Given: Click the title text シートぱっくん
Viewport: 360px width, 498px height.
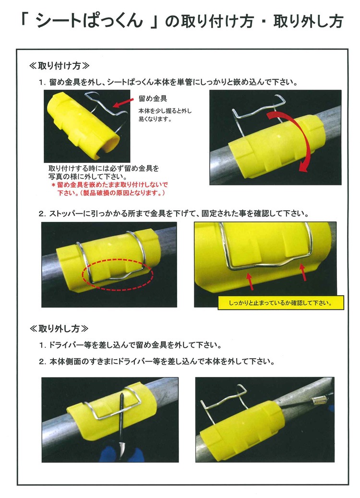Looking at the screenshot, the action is (90, 22).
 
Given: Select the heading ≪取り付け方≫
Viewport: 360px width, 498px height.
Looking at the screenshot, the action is (59, 66).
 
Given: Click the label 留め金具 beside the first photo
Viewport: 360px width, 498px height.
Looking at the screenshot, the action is (153, 98).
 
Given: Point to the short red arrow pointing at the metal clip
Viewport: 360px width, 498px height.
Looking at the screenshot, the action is (123, 103).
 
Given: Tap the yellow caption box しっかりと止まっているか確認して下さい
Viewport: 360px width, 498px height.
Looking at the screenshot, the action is (281, 303).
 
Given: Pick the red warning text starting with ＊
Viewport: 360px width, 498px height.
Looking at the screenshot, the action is (109, 189).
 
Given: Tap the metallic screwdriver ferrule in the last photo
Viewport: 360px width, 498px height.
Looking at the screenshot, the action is (318, 401).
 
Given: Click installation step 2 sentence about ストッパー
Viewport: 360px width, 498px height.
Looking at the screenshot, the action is (174, 213).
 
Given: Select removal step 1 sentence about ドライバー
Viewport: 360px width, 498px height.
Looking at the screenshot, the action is (131, 345).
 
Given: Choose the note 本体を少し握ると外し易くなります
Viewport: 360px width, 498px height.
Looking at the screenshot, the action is (165, 115).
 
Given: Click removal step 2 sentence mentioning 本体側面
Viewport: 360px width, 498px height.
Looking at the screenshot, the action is (157, 362).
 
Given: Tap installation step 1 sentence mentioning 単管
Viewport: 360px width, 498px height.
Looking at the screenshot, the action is (168, 82).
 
